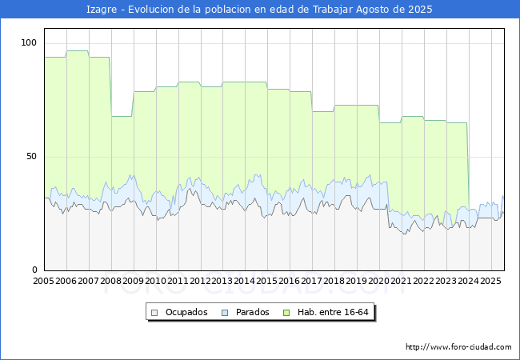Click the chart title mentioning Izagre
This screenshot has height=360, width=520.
(x=259, y=10)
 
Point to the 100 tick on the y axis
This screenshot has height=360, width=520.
(x=30, y=42)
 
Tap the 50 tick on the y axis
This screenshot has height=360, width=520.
(x=32, y=156)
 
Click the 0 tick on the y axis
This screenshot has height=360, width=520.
(x=34, y=270)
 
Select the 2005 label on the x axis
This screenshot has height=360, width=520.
(x=44, y=281)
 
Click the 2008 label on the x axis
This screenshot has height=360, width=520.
(x=111, y=281)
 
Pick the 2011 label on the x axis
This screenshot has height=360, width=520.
(x=178, y=281)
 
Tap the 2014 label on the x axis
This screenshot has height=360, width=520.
(x=245, y=281)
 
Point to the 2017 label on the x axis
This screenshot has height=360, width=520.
(x=312, y=281)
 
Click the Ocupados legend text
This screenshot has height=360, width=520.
(x=186, y=312)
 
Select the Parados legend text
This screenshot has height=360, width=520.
(x=251, y=312)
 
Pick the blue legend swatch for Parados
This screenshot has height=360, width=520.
(x=226, y=312)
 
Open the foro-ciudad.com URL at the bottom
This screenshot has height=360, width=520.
(x=458, y=347)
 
